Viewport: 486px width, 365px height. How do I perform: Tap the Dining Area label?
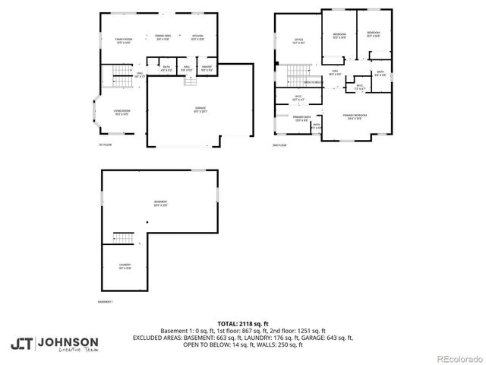(x=163, y=37)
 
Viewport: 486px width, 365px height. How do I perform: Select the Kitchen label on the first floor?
(x=197, y=37)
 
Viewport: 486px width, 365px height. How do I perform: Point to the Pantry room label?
(x=206, y=68)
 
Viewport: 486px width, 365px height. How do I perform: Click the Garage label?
(x=200, y=110)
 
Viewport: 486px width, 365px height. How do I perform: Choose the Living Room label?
(x=122, y=112)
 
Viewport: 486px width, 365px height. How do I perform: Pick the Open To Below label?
(x=314, y=82)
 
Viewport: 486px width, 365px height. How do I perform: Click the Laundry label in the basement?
(x=125, y=266)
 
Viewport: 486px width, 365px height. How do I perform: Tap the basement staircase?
(x=123, y=238)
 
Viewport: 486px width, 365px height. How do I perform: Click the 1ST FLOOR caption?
(x=105, y=144)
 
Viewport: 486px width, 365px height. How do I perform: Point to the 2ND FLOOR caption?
(x=279, y=144)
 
